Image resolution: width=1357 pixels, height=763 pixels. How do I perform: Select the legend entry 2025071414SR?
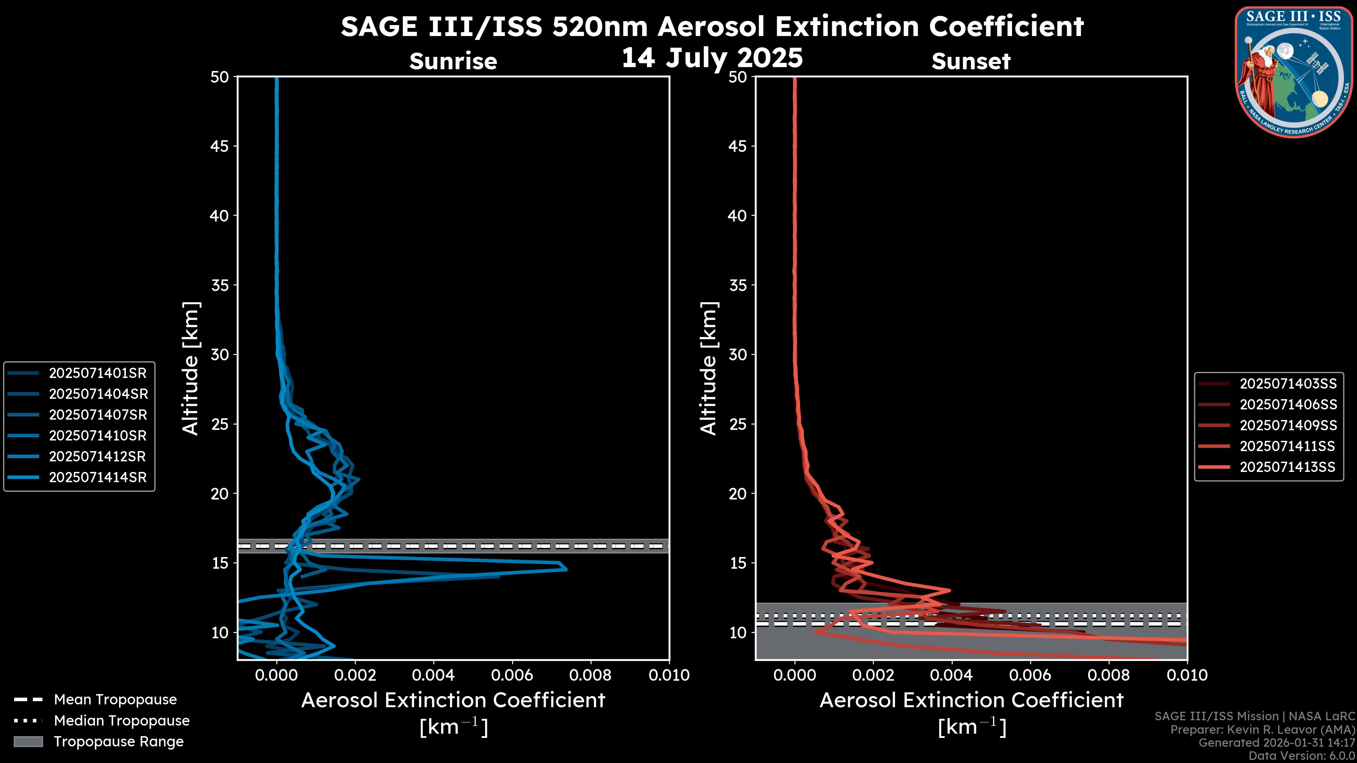pyautogui.click(x=98, y=478)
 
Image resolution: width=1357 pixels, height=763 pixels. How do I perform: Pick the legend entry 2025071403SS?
pyautogui.click(x=1287, y=384)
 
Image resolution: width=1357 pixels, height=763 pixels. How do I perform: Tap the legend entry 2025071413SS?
pyautogui.click(x=1287, y=467)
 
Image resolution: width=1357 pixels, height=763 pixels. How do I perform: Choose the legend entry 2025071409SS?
pyautogui.click(x=1287, y=425)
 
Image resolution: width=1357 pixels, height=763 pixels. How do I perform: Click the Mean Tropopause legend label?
pyautogui.click(x=115, y=700)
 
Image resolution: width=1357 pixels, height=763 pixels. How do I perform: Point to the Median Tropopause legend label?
pyautogui.click(x=122, y=721)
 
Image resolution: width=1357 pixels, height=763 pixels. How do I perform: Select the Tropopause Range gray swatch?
pyautogui.click(x=28, y=742)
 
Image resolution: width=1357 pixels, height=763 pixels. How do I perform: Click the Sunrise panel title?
pyautogui.click(x=453, y=61)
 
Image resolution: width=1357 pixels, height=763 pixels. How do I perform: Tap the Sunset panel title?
pyautogui.click(x=971, y=61)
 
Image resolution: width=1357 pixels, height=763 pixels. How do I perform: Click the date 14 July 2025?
pyautogui.click(x=712, y=58)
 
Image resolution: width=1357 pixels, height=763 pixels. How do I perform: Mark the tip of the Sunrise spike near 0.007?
pyautogui.click(x=566, y=569)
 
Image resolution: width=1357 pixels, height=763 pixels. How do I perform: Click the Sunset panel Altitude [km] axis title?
pyautogui.click(x=709, y=368)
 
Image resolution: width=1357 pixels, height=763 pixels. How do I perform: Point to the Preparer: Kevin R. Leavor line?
pyautogui.click(x=1262, y=730)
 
